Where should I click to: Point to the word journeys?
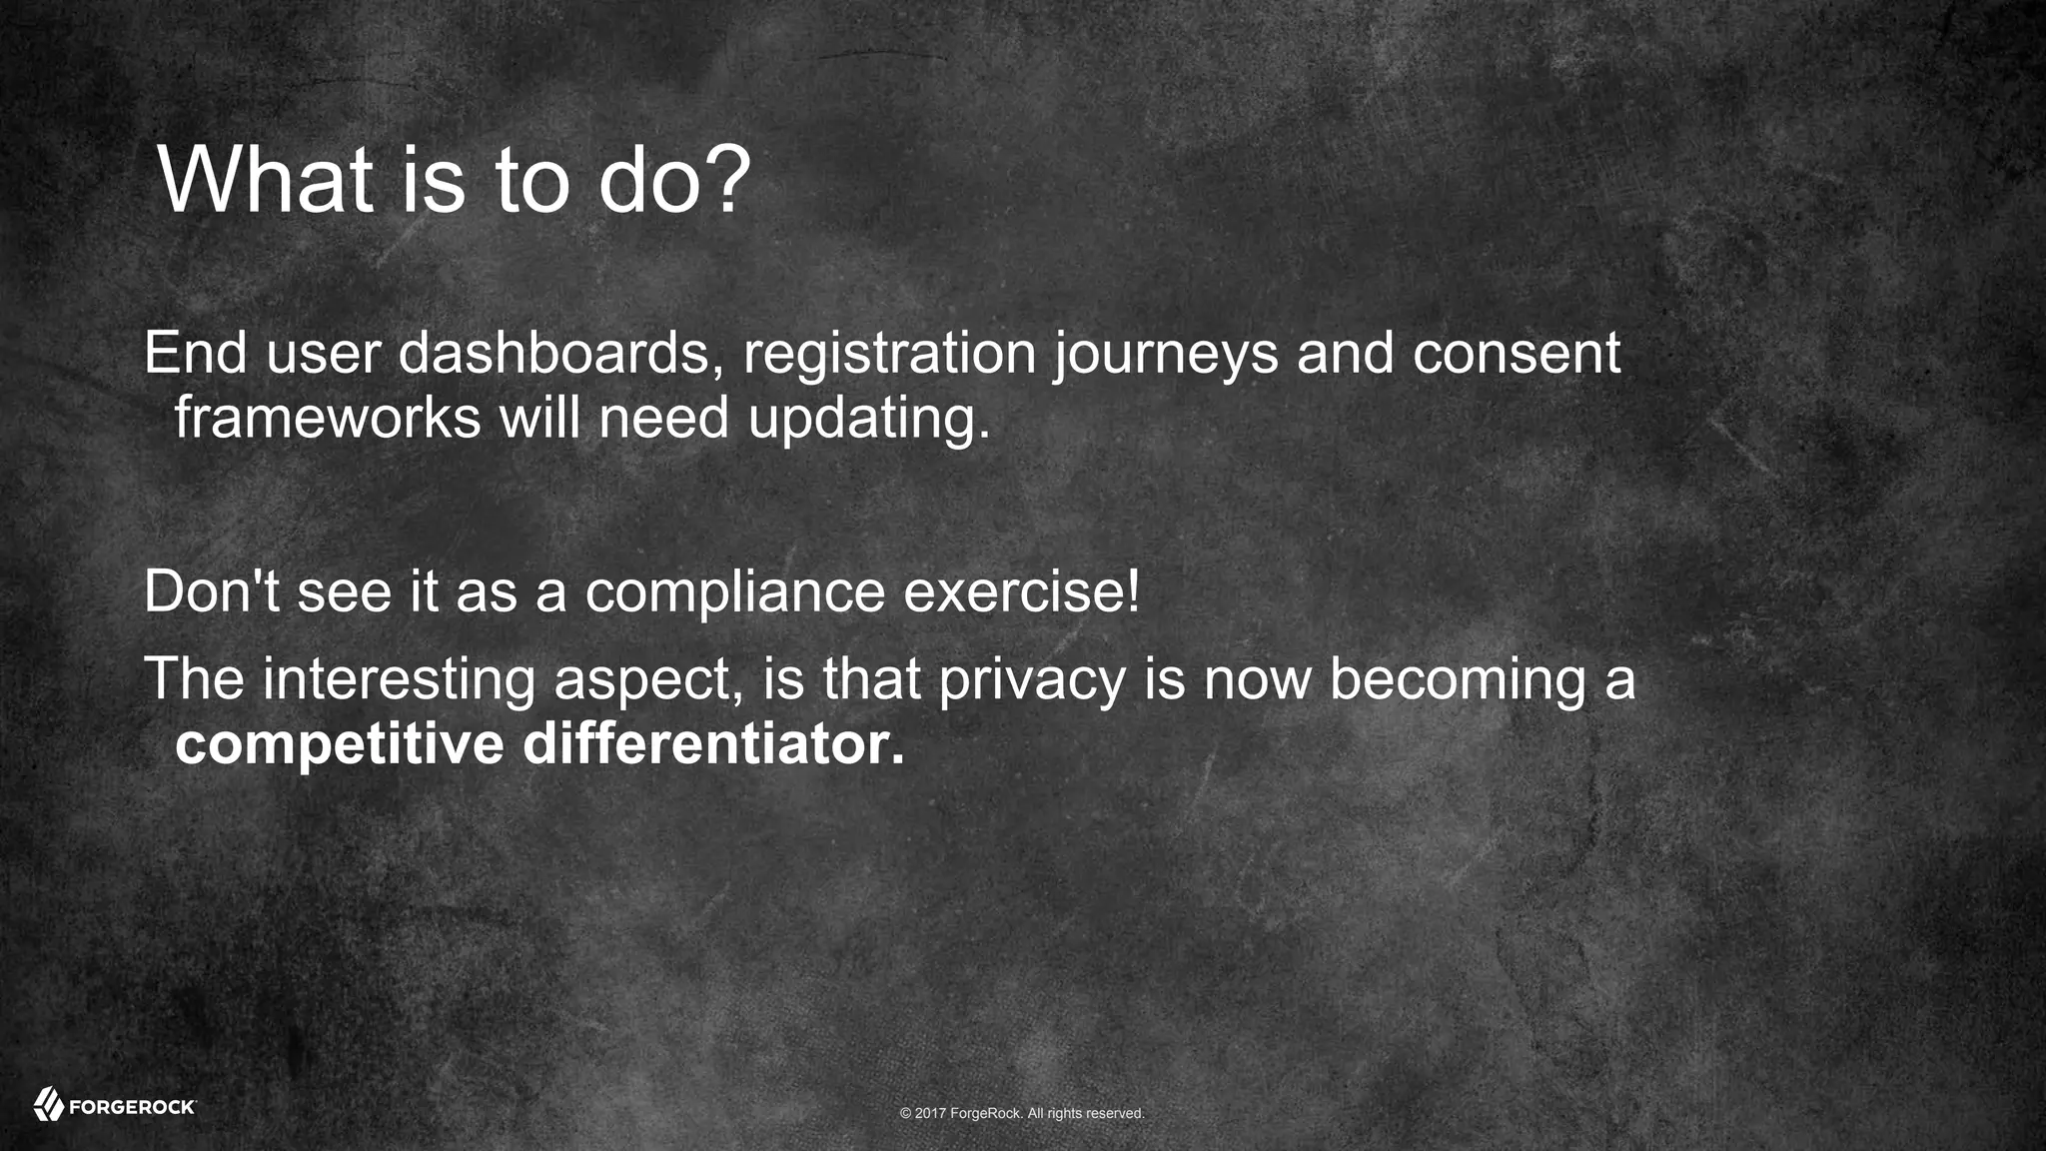(1165, 355)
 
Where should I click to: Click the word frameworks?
(328, 417)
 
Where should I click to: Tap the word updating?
(868, 419)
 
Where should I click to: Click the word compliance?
(734, 592)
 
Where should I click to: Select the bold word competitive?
(339, 745)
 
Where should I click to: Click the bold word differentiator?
(713, 744)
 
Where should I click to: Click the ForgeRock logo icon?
(49, 1104)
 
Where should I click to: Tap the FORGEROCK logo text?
(132, 1107)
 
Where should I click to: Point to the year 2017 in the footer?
(930, 1113)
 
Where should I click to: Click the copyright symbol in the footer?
(905, 1113)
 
